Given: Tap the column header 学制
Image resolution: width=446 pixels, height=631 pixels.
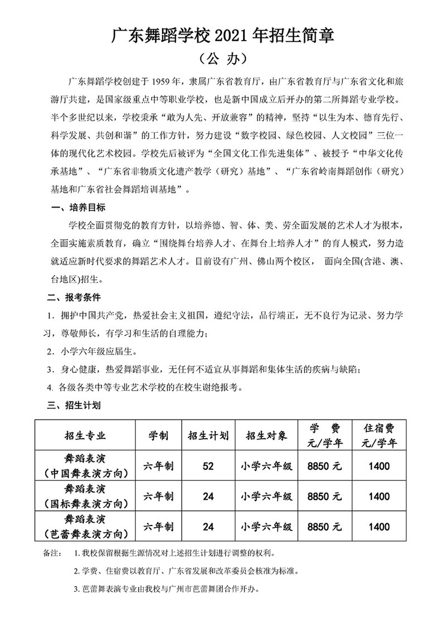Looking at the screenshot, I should point(159,436).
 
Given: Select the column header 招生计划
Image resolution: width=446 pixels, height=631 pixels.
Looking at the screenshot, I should point(208,436).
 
